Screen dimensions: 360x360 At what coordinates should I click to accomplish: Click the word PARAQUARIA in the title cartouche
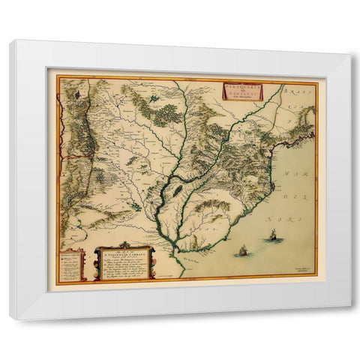point(242,88)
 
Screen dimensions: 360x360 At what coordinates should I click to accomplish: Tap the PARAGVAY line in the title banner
point(242,94)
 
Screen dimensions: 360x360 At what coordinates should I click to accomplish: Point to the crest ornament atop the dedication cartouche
point(123,247)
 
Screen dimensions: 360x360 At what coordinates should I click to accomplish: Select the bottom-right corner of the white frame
point(349,318)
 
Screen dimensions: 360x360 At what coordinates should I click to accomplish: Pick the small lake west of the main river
point(136,205)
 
